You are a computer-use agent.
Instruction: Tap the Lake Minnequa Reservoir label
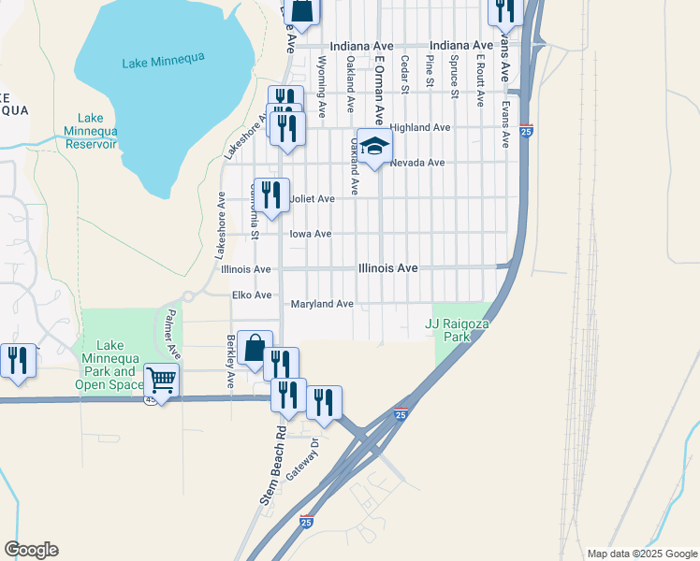pyautogui.click(x=91, y=131)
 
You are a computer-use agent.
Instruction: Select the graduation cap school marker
pyautogui.click(x=374, y=147)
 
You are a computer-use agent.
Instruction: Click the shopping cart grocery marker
pyautogui.click(x=162, y=381)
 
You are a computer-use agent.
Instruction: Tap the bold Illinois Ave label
pyautogui.click(x=387, y=268)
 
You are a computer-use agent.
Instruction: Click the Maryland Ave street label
pyautogui.click(x=322, y=304)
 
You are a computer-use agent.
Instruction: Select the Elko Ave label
pyautogui.click(x=252, y=295)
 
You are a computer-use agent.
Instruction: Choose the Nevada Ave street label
pyautogui.click(x=417, y=163)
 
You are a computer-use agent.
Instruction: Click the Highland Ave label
pyautogui.click(x=420, y=127)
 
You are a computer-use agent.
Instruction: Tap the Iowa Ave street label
pyautogui.click(x=311, y=234)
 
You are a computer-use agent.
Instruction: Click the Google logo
pyautogui.click(x=31, y=550)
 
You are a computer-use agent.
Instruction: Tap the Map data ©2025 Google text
pyautogui.click(x=642, y=554)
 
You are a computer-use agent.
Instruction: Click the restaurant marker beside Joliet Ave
pyautogui.click(x=271, y=195)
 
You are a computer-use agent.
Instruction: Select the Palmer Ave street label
pyautogui.click(x=172, y=335)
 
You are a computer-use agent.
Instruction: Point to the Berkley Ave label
pyautogui.click(x=230, y=362)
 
